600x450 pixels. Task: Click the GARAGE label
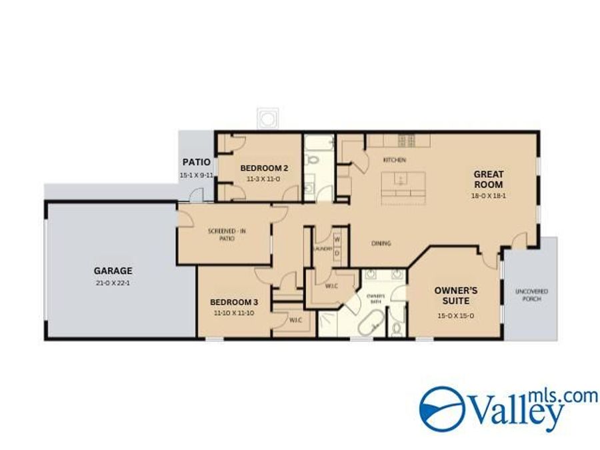[113, 271]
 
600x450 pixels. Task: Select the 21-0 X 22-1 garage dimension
[113, 283]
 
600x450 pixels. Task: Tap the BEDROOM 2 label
[264, 167]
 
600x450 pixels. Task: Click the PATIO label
[197, 162]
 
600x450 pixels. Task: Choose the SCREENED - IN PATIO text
[227, 235]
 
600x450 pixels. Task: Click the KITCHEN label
[394, 160]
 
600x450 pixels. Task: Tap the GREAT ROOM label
[488, 179]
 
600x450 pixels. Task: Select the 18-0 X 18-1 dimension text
[488, 196]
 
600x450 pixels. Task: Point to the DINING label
[381, 243]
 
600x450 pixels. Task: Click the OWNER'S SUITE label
[456, 296]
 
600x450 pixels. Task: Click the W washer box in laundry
[337, 239]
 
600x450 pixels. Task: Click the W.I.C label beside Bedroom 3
[296, 320]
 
